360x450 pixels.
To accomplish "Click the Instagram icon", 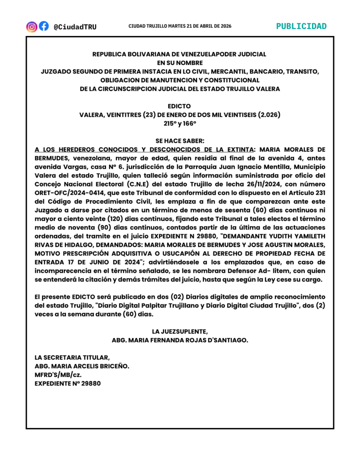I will [32, 26].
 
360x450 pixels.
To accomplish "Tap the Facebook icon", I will [44, 26].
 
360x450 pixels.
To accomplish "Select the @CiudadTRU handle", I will [75, 27].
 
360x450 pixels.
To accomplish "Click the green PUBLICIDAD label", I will [301, 26].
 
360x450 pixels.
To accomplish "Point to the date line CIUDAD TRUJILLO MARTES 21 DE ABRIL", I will [180, 26].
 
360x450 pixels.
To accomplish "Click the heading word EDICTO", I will [179, 106].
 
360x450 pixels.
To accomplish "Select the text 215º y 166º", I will [179, 123].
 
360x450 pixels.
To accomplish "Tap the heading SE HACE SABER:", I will [179, 141].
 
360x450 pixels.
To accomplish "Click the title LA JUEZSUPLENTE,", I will [179, 331].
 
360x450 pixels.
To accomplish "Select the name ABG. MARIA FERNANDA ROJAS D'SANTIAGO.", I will [179, 340].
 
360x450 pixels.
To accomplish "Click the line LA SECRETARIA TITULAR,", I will [72, 357].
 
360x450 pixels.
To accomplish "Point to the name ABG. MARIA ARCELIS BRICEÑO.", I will [82, 366].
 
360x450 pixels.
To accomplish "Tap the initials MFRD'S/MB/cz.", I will [58, 374].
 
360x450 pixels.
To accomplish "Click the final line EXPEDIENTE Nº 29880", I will [68, 383].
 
